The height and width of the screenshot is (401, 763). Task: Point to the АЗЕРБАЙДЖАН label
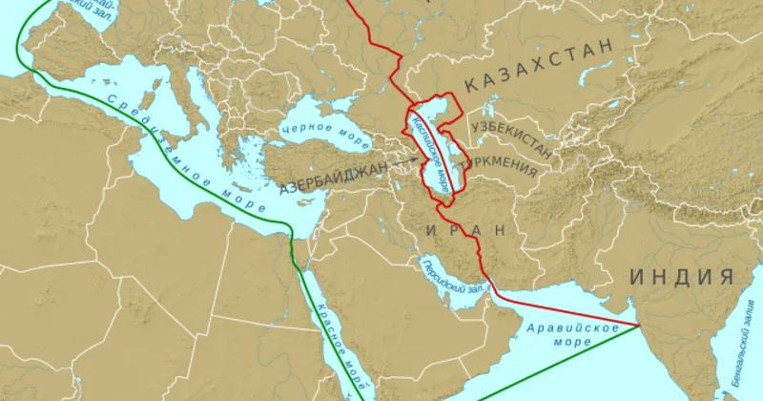tap(335, 179)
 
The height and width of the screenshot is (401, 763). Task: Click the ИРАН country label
tap(467, 230)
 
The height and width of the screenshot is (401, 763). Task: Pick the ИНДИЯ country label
tap(681, 277)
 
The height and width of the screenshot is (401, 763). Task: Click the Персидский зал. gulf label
tap(454, 277)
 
